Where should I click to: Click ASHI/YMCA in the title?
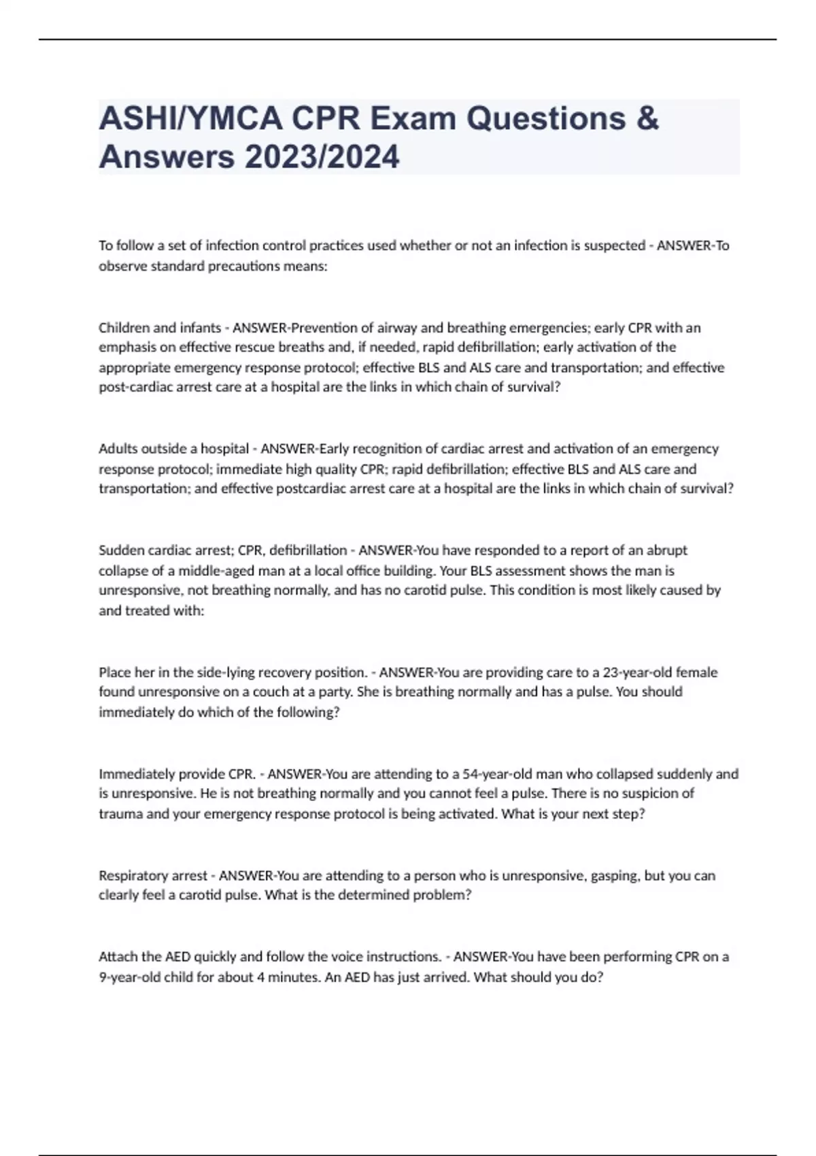tap(190, 119)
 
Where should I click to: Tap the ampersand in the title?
tap(648, 119)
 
